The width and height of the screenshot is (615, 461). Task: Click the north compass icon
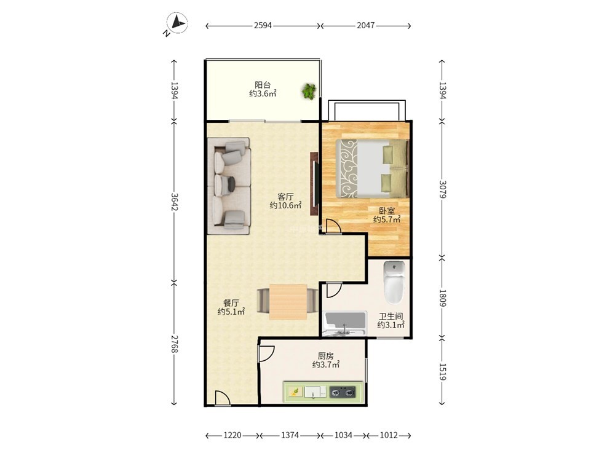[177, 23]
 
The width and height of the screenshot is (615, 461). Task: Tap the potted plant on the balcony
[309, 92]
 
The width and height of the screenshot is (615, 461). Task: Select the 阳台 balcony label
[263, 85]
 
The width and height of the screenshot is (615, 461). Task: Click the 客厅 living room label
[285, 197]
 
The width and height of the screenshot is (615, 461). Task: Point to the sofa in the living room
[229, 186]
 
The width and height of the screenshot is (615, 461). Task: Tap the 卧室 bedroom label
[387, 211]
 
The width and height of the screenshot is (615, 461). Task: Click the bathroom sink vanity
[344, 324]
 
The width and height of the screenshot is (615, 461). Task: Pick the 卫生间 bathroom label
[391, 316]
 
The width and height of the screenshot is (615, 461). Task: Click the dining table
[288, 302]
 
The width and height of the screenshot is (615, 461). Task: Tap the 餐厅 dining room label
[231, 303]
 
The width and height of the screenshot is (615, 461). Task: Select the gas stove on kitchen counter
[343, 392]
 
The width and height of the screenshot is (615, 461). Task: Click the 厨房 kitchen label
[325, 356]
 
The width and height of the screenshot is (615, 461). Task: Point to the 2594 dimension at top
[263, 25]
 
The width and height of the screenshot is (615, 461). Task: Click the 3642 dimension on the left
[175, 202]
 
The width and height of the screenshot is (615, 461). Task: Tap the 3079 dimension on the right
[442, 189]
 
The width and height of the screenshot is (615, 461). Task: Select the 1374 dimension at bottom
[290, 435]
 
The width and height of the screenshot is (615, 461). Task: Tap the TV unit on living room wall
[314, 183]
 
